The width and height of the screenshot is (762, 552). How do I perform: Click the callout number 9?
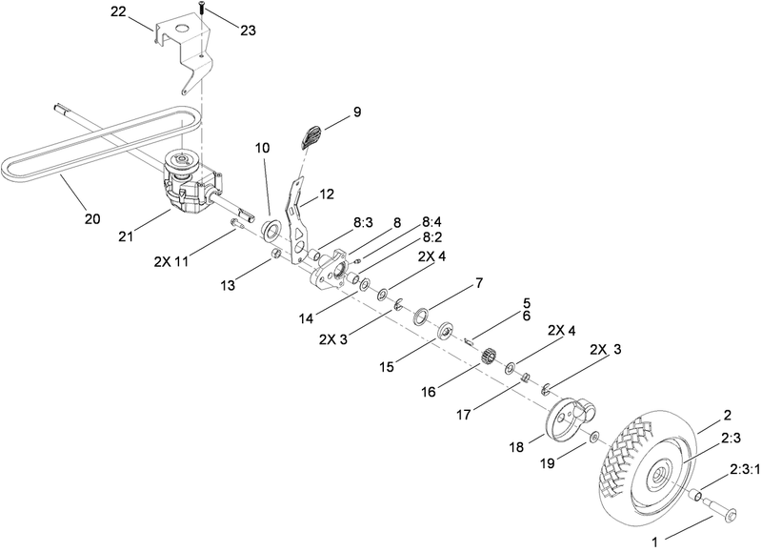pos(356,112)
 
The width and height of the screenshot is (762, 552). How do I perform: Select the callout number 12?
pos(326,194)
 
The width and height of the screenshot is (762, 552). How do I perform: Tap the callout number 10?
pos(262,149)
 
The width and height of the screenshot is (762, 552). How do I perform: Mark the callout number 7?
pos(479,284)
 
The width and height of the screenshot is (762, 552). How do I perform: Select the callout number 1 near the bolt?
pos(653,540)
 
